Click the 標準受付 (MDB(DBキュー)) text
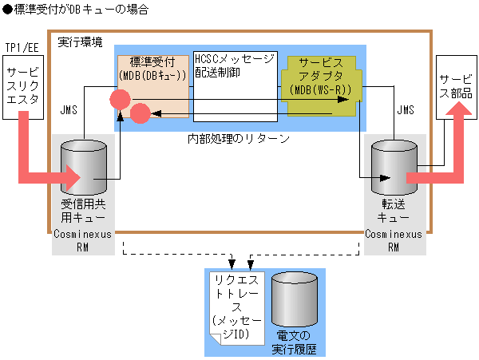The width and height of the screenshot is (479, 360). [152, 69]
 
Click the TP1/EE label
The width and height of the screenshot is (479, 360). [22, 48]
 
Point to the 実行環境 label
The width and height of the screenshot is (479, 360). [80, 42]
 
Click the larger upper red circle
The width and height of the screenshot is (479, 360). [121, 99]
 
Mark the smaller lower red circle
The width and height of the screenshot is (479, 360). [141, 113]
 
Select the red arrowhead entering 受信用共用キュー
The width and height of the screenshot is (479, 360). [75, 175]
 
